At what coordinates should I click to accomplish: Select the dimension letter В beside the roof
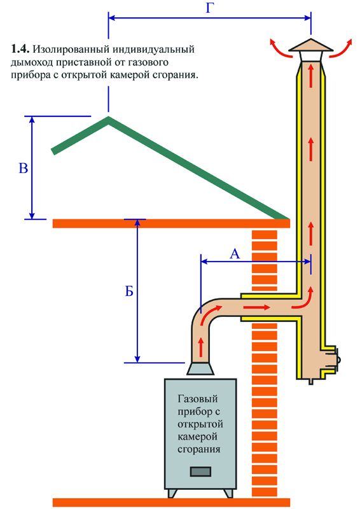click(23, 169)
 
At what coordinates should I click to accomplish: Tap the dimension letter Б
click(129, 293)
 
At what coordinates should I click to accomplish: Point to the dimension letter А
click(234, 254)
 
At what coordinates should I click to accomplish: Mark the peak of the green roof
click(109, 117)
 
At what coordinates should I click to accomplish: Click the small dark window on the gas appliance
click(202, 471)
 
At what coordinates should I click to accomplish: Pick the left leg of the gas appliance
click(172, 492)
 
